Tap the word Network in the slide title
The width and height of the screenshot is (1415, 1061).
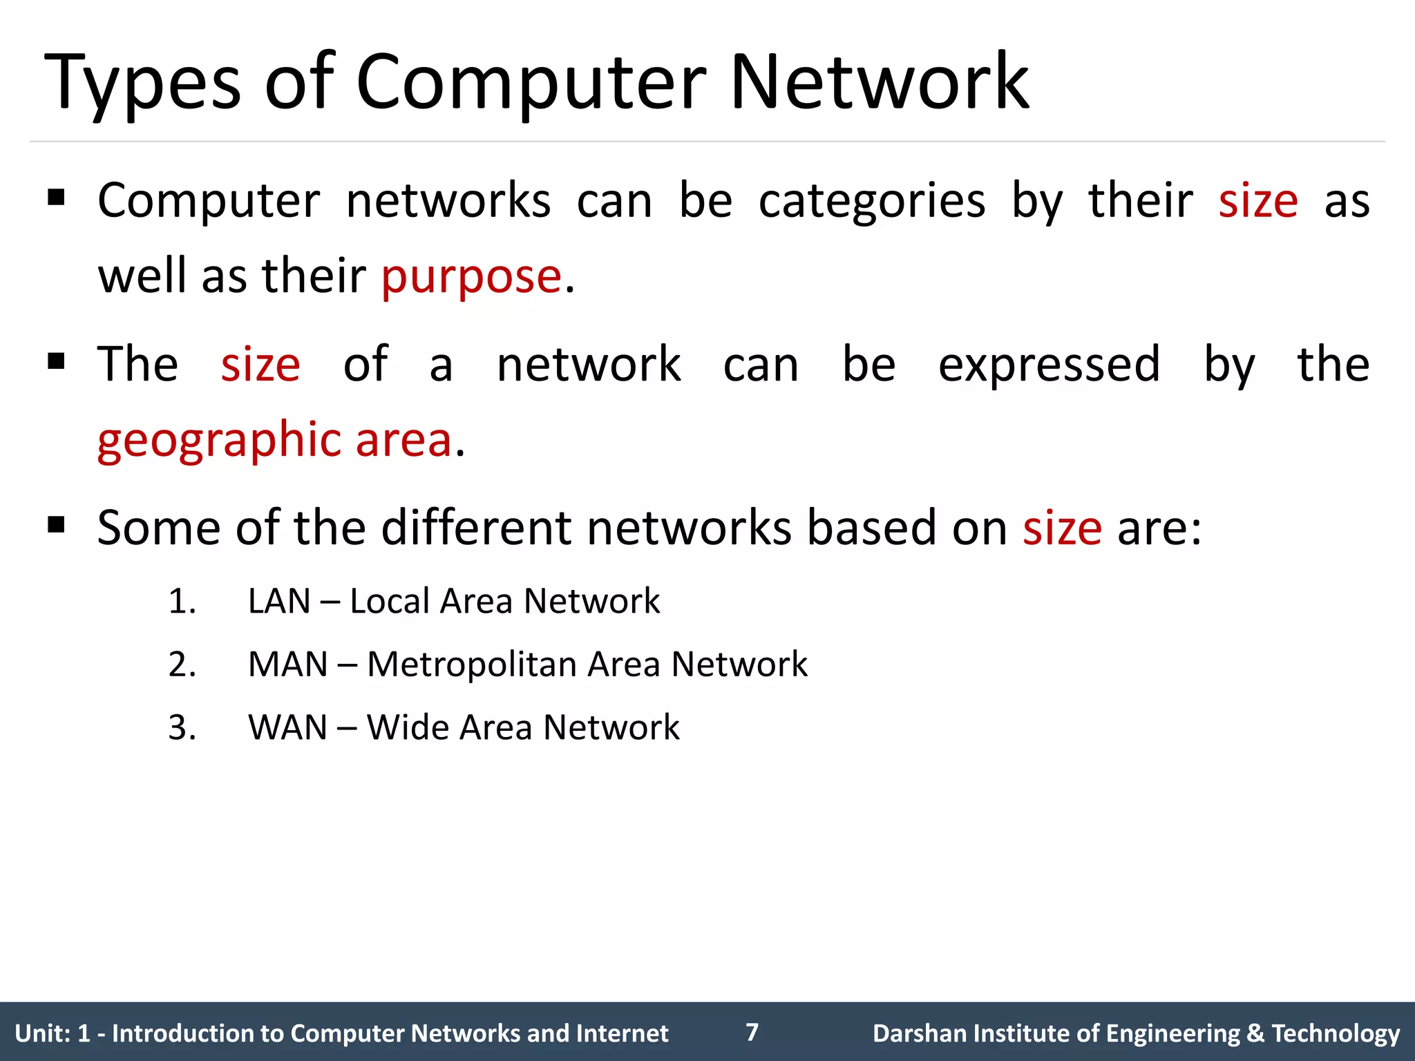point(879,83)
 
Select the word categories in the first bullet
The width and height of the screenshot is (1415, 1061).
point(872,202)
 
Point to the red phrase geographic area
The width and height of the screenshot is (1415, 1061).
point(275,440)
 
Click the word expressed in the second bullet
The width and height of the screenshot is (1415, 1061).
point(1049,365)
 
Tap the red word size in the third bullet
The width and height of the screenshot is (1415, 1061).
point(1062,528)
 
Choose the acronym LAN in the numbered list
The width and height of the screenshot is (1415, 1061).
point(279,601)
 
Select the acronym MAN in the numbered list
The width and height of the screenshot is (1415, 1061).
point(288,665)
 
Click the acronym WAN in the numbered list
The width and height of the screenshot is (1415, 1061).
point(288,728)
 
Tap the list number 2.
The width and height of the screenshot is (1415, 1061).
point(182,665)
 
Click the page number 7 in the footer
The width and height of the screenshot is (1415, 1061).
point(752,1032)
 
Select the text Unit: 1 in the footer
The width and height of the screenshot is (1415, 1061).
point(53,1033)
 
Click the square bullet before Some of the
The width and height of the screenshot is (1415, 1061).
point(56,526)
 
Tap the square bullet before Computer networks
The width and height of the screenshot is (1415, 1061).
point(56,199)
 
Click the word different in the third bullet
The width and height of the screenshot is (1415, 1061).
point(476,528)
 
